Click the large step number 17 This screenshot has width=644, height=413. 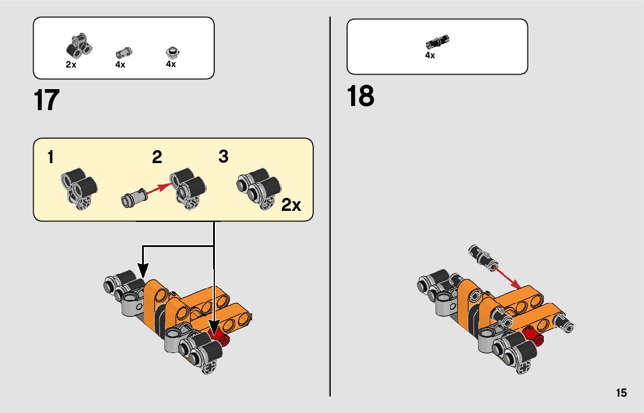coord(47,100)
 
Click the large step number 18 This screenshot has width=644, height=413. coord(360,96)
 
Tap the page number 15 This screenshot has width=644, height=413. coord(621,393)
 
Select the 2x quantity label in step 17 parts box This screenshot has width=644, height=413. coord(71,65)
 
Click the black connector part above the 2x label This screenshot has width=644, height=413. coord(79,45)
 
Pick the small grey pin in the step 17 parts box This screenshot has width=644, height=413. coord(123,54)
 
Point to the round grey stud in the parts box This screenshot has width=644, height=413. coord(173,52)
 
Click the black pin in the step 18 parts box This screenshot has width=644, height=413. coord(437,41)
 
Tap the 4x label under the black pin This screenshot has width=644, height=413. coord(430,55)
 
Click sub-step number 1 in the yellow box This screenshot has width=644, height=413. coord(51,157)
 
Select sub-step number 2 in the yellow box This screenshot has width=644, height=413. coord(157,157)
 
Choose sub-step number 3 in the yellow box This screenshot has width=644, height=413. coord(223,156)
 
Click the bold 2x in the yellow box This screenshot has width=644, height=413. coord(291,204)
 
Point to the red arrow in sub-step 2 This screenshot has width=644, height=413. coord(159,189)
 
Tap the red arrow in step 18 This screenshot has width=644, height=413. coord(507,277)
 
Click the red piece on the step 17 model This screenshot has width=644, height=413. coord(219,336)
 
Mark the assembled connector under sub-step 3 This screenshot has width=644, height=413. coord(259,188)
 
